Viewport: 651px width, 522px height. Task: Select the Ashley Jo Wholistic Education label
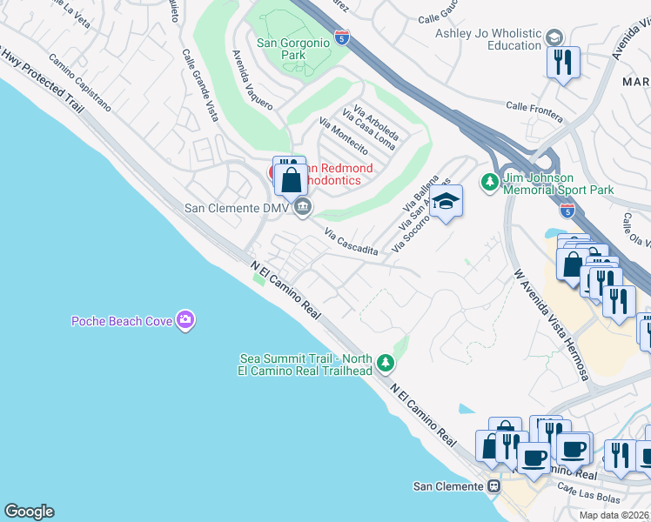pos(488,39)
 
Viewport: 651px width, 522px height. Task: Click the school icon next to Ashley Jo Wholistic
pos(554,37)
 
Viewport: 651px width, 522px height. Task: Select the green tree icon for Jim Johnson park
pos(488,182)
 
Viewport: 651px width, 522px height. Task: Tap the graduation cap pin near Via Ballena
pos(446,201)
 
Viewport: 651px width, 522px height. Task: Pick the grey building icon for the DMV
pos(303,207)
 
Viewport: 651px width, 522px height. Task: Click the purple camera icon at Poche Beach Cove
pos(185,321)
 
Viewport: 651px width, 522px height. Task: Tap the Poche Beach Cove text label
pos(121,321)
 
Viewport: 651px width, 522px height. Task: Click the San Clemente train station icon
pos(493,486)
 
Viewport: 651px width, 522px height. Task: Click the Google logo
pos(29,512)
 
